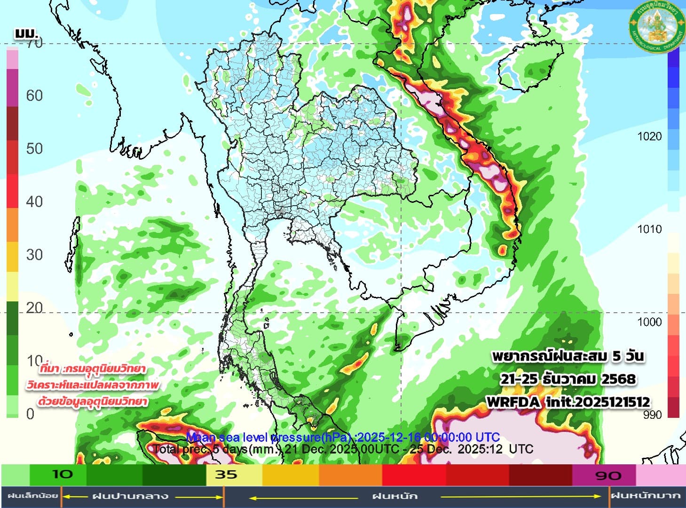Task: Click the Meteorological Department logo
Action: (657, 27)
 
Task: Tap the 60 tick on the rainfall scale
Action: (34, 96)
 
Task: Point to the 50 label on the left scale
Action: (34, 149)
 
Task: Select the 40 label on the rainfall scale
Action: (34, 202)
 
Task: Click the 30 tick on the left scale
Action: (34, 255)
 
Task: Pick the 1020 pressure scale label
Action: (649, 137)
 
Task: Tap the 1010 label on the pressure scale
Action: (649, 229)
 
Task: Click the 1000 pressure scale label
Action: (649, 322)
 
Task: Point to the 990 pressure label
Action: (652, 415)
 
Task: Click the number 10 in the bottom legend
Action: (62, 474)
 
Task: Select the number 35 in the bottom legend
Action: (226, 475)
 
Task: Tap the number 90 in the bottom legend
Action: (608, 476)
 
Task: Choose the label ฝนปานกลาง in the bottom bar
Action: (130, 496)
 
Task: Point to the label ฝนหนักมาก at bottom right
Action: (646, 496)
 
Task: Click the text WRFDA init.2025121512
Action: (568, 402)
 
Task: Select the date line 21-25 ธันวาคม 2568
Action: (568, 379)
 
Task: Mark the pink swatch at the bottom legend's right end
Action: (660, 475)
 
